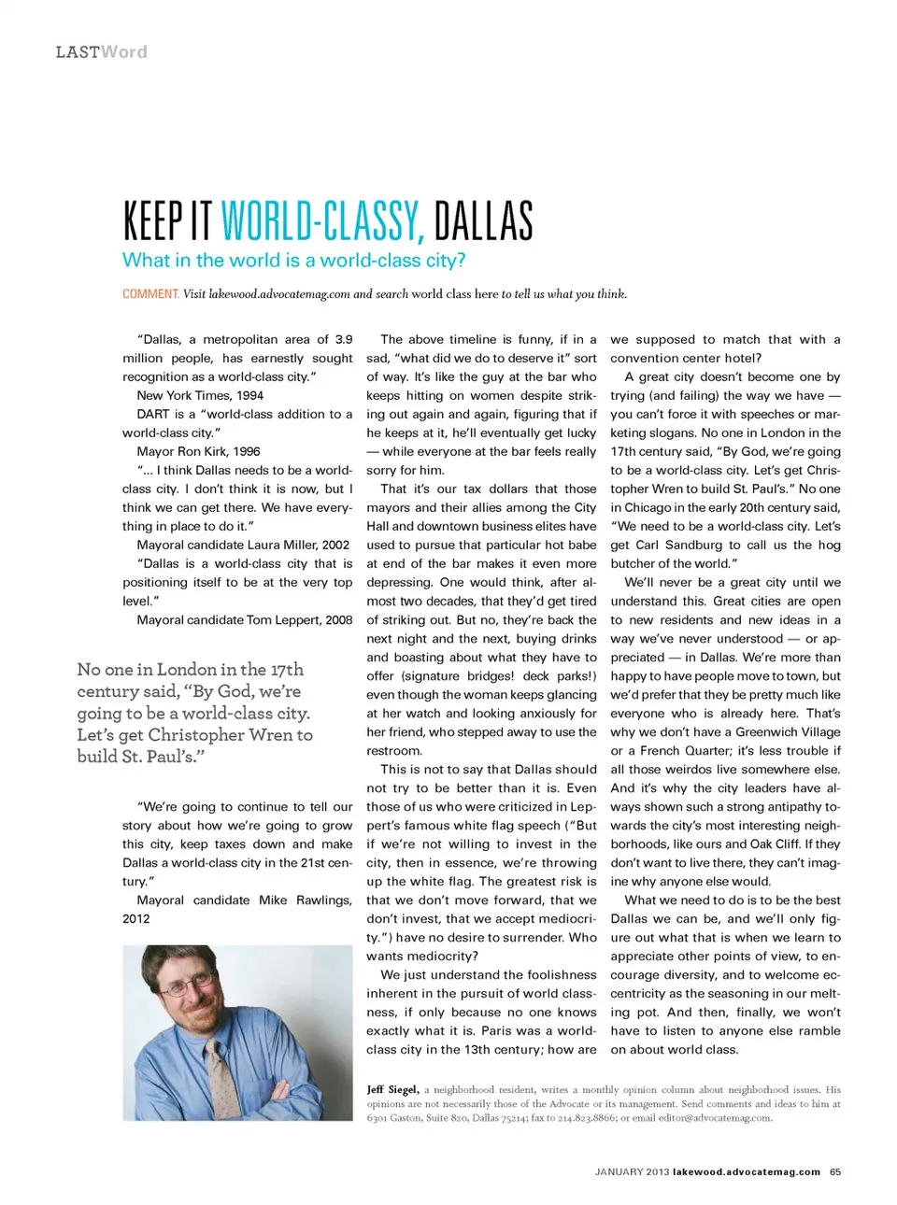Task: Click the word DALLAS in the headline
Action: pos(483,221)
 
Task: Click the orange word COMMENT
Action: pos(150,294)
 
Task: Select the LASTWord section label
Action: pos(101,52)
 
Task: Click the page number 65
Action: pos(834,1171)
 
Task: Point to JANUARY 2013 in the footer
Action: pos(632,1171)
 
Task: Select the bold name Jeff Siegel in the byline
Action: pos(392,1089)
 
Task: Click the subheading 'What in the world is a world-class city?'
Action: pos(293,261)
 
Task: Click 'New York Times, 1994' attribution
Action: pos(200,395)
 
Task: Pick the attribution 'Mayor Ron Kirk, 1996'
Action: pos(198,451)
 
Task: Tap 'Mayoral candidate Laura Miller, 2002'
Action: pos(243,545)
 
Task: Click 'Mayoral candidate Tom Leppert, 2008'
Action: pos(245,619)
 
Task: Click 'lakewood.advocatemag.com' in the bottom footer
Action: pos(746,1171)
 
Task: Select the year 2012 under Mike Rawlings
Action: pos(136,918)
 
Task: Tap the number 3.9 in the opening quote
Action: pos(343,339)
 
